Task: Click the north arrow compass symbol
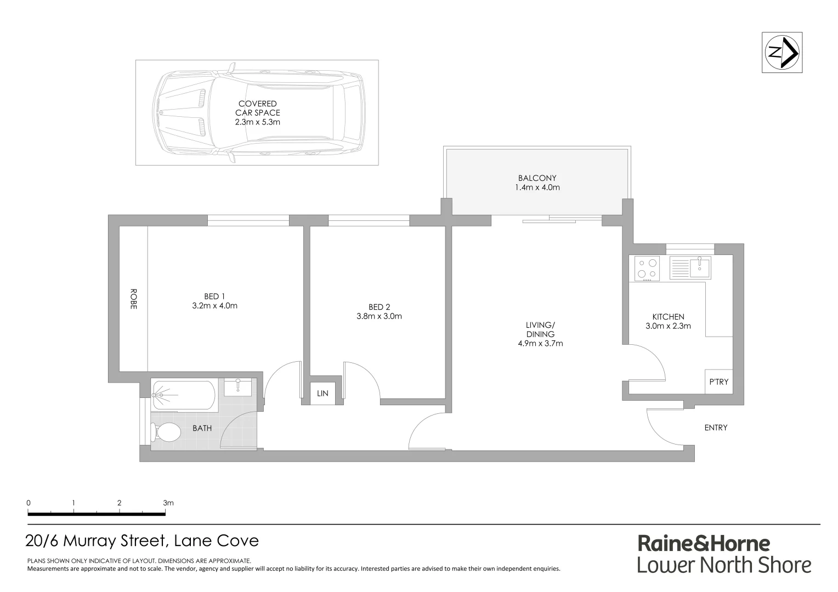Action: pyautogui.click(x=782, y=53)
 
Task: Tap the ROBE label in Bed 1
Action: pyautogui.click(x=133, y=299)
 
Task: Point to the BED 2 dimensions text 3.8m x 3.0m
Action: pyautogui.click(x=379, y=316)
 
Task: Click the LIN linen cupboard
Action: pyautogui.click(x=322, y=394)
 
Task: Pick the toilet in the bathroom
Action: pyautogui.click(x=168, y=432)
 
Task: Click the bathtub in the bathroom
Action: pyautogui.click(x=184, y=395)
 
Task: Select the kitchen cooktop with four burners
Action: pyautogui.click(x=647, y=269)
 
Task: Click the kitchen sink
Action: pyautogui.click(x=700, y=267)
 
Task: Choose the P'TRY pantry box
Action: pyautogui.click(x=718, y=382)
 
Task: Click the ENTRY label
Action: pyautogui.click(x=716, y=428)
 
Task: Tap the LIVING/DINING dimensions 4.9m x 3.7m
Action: pyautogui.click(x=540, y=344)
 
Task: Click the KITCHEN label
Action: pyautogui.click(x=668, y=317)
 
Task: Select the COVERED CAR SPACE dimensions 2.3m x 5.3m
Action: pyautogui.click(x=257, y=122)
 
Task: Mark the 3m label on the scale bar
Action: pyautogui.click(x=168, y=503)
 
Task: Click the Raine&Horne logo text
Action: pyautogui.click(x=704, y=544)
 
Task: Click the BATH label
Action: pyautogui.click(x=202, y=428)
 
